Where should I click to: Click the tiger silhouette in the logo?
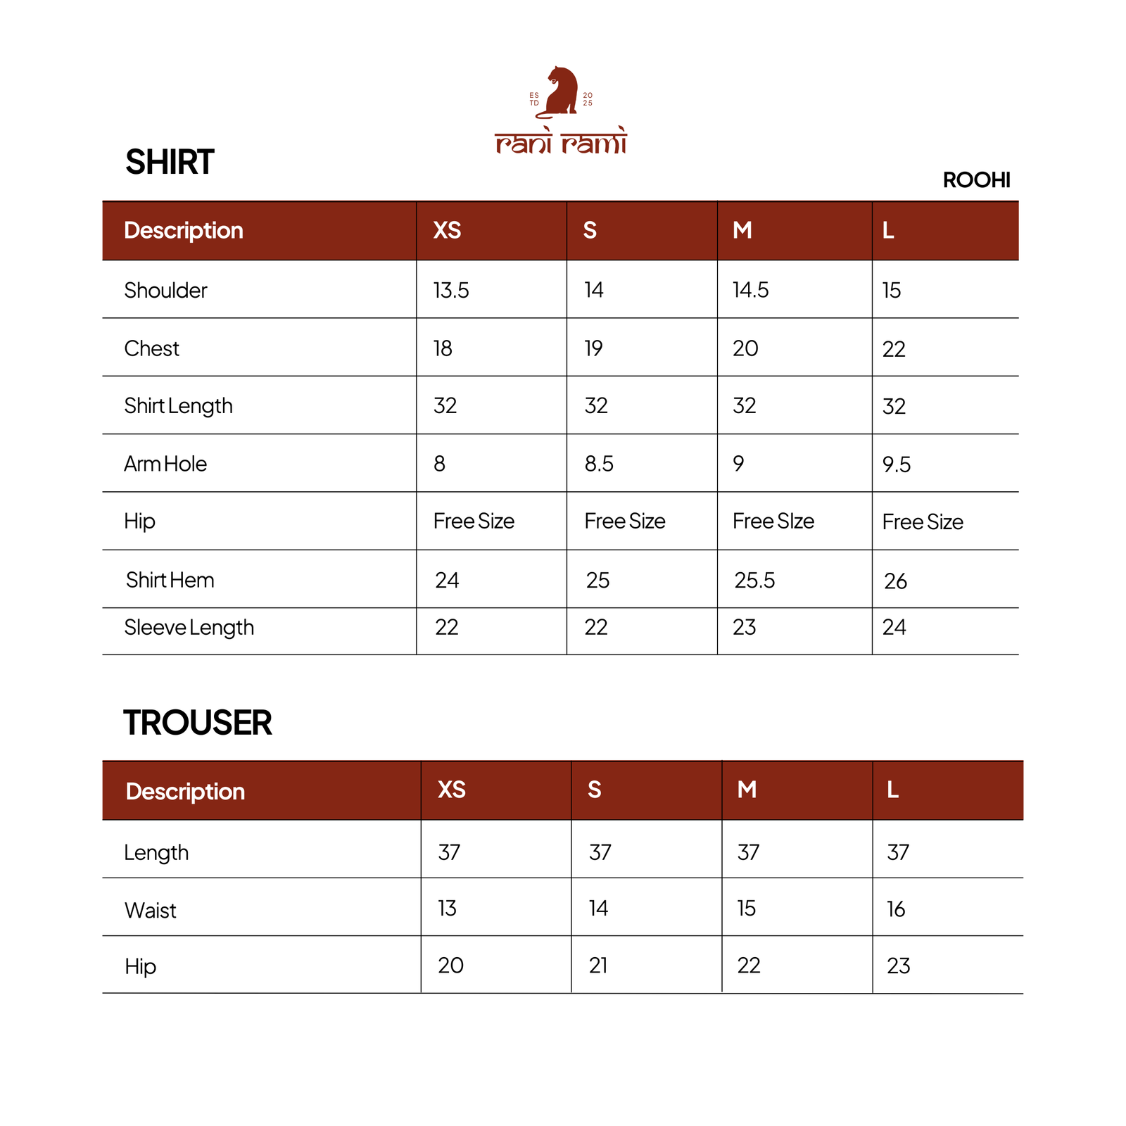pyautogui.click(x=561, y=91)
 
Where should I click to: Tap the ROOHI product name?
pyautogui.click(x=976, y=180)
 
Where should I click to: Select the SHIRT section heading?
pyautogui.click(x=170, y=163)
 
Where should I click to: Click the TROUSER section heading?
pyautogui.click(x=198, y=723)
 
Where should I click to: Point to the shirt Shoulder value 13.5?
pyautogui.click(x=451, y=290)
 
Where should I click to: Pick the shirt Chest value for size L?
pyautogui.click(x=894, y=349)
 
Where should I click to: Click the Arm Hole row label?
pyautogui.click(x=165, y=464)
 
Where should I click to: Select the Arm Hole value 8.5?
pyautogui.click(x=599, y=464)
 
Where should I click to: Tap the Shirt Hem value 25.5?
pyautogui.click(x=754, y=581)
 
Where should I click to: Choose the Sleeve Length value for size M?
pyautogui.click(x=744, y=627)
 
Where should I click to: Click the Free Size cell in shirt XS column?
pyautogui.click(x=474, y=521)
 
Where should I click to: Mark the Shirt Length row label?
pyautogui.click(x=178, y=406)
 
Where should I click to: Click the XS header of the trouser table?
pyautogui.click(x=452, y=790)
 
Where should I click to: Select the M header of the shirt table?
pyautogui.click(x=742, y=230)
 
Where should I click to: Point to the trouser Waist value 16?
pyautogui.click(x=896, y=909)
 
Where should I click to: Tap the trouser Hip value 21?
pyautogui.click(x=598, y=966)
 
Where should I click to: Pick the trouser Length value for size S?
pyautogui.click(x=600, y=853)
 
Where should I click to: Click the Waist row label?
pyautogui.click(x=151, y=911)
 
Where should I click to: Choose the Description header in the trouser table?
pyautogui.click(x=185, y=791)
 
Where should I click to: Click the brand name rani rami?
pyautogui.click(x=561, y=142)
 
